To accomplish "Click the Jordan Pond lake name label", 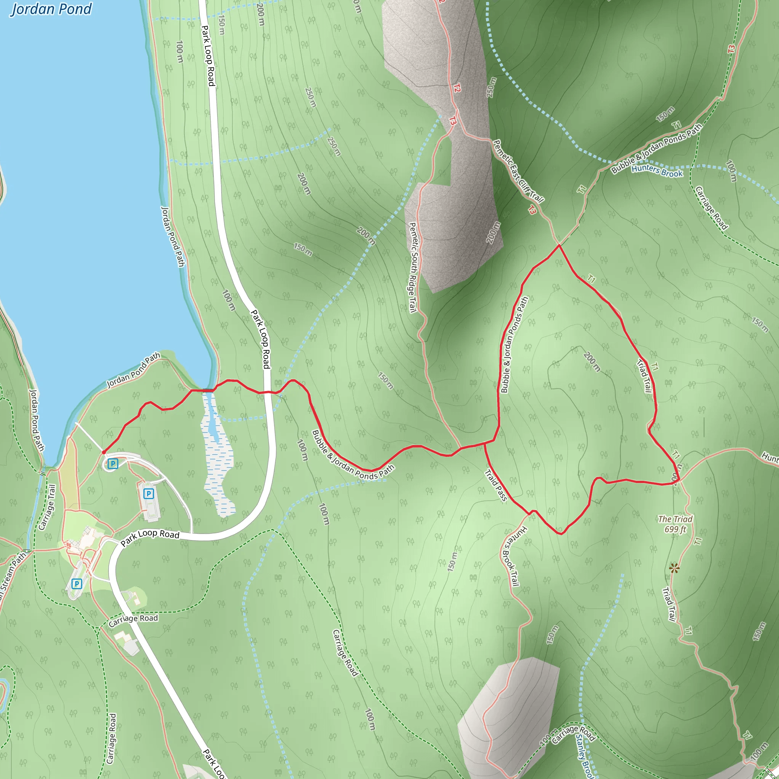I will click(51, 9).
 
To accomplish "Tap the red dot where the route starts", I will click(104, 452).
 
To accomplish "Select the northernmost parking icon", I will click(113, 464).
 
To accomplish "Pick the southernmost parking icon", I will click(76, 583).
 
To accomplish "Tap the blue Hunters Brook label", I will click(657, 171).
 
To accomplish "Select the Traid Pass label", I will click(496, 485).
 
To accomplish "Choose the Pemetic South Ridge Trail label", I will click(412, 268).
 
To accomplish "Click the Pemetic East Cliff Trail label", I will click(518, 171).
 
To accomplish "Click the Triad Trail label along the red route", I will click(644, 375).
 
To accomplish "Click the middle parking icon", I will click(149, 493).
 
